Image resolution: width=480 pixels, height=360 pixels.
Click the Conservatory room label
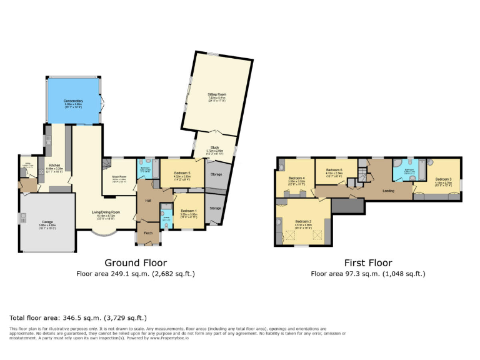point(73,101)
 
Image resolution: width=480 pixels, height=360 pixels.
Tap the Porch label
point(148,232)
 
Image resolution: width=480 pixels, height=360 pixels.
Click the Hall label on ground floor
point(149,200)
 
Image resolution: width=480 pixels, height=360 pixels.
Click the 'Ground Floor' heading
point(135,263)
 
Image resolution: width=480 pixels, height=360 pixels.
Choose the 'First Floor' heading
point(367,263)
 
